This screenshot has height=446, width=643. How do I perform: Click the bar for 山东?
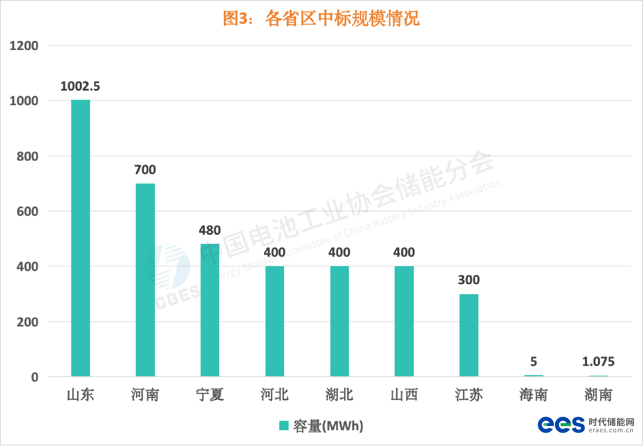tap(81, 238)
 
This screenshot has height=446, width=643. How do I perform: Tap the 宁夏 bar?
tap(210, 310)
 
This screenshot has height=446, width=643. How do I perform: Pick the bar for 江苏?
tap(469, 335)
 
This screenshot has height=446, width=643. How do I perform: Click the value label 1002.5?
tap(80, 86)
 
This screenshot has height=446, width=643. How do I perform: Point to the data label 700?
tap(145, 170)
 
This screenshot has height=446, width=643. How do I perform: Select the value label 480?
tap(210, 230)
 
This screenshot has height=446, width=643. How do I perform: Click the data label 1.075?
tap(598, 362)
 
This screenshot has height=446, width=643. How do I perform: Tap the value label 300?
tap(469, 280)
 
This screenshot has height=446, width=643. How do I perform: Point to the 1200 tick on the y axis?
tap(24, 46)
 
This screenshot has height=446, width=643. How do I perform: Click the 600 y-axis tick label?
tap(27, 212)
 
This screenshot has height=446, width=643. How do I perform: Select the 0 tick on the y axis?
tap(35, 377)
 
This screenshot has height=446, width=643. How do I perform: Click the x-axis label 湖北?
tap(339, 395)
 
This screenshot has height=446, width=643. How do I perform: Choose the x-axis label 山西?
tap(404, 395)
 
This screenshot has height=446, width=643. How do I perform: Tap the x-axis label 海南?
tap(534, 395)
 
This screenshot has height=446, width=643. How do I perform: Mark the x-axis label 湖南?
tap(598, 395)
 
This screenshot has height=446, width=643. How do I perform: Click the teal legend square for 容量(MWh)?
tap(284, 425)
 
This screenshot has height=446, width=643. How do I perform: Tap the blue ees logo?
tap(561, 425)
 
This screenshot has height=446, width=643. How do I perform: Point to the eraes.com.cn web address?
tap(611, 430)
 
